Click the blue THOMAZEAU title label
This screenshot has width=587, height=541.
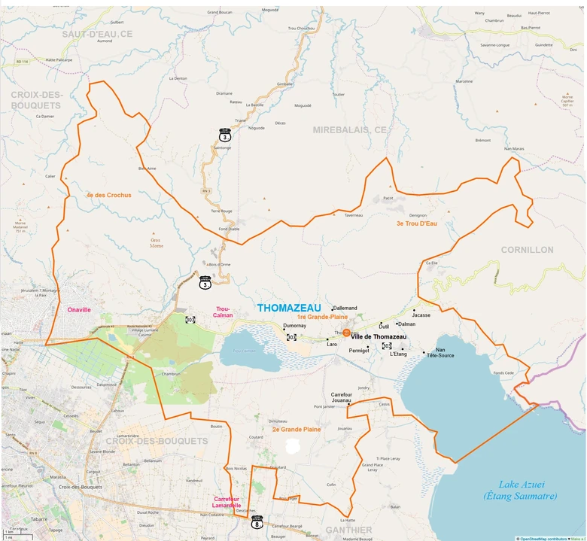(x=289, y=308)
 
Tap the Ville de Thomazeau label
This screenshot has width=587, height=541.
(x=379, y=336)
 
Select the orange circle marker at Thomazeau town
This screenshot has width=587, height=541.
(x=346, y=333)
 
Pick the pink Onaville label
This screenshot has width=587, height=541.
(x=78, y=309)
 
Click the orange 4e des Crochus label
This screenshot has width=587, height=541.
(x=108, y=195)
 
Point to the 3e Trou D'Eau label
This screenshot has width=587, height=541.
(x=416, y=223)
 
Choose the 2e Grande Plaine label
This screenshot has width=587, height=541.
(x=297, y=429)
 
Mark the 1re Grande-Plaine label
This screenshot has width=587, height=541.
(x=322, y=317)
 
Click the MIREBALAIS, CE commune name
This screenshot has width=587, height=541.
(x=349, y=130)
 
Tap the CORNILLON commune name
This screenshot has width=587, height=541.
(x=527, y=249)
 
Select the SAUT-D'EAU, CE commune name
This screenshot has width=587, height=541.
(x=97, y=34)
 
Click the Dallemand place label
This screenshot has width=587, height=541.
(x=345, y=308)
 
